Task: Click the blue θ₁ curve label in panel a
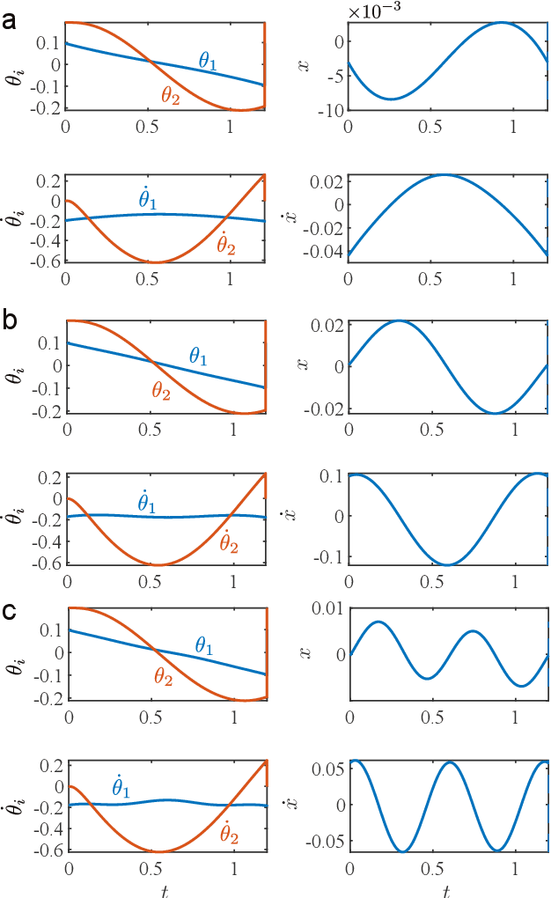[208, 61]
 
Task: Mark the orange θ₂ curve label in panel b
[161, 392]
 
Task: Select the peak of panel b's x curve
[399, 320]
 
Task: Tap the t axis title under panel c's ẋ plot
[448, 890]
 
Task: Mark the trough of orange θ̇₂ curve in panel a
[155, 262]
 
